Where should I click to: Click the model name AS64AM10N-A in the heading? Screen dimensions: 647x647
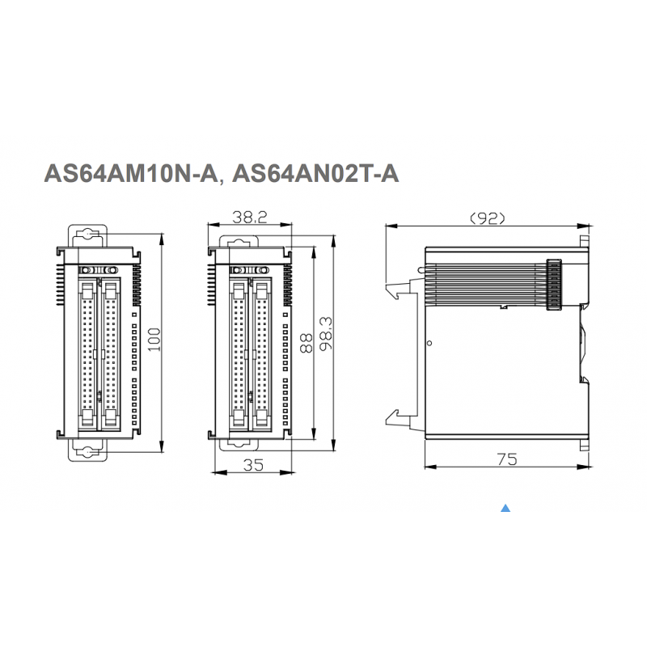[x=130, y=173]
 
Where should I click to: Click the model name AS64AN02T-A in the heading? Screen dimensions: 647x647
[x=315, y=173]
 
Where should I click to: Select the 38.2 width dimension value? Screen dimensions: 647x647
[x=250, y=217]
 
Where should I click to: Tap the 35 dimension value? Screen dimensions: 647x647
[x=253, y=465]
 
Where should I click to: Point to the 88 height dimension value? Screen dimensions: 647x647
[x=307, y=343]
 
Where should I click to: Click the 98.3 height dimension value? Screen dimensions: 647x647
[x=326, y=333]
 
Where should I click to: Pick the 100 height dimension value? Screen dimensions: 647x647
[x=154, y=339]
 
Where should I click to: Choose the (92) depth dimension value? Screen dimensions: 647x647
[x=488, y=218]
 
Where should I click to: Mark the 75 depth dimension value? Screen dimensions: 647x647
[x=507, y=459]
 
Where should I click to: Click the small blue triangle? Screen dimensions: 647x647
[x=505, y=508]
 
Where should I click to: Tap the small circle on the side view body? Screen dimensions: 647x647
[x=429, y=343]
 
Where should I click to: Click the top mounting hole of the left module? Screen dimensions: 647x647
[x=87, y=234]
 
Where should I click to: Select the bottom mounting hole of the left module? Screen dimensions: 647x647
[x=87, y=452]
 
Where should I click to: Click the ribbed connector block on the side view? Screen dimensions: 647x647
[x=555, y=285]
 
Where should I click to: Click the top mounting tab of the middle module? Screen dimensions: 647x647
[x=239, y=242]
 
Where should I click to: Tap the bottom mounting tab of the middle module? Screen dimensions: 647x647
[x=239, y=444]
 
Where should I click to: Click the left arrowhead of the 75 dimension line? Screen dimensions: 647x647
[x=431, y=467]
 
